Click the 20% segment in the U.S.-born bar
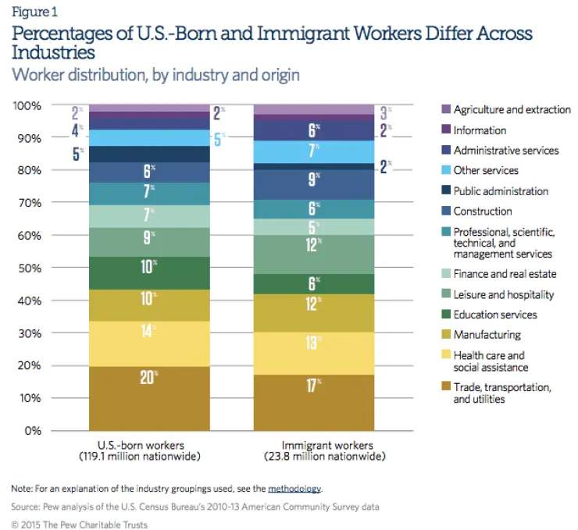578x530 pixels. (x=149, y=398)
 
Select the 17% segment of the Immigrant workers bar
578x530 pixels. (x=314, y=403)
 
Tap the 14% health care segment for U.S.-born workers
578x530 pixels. (x=149, y=343)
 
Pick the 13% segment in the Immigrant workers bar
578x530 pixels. (x=314, y=354)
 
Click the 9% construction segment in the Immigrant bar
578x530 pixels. (x=314, y=184)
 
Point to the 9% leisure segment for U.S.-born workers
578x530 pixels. (x=149, y=242)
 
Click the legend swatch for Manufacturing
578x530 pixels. (x=446, y=334)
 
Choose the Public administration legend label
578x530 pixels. (x=501, y=190)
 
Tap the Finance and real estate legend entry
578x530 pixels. (x=505, y=274)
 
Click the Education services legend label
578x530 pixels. (x=495, y=315)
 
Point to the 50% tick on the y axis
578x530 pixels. (x=30, y=268)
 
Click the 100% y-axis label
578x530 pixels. (x=27, y=105)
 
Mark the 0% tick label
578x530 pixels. (x=33, y=431)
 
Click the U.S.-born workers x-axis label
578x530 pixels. (x=140, y=451)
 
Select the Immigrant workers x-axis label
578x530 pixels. (x=325, y=451)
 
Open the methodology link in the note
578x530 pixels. (x=294, y=489)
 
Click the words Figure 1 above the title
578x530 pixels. (x=34, y=12)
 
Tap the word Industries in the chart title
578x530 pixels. (x=53, y=52)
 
